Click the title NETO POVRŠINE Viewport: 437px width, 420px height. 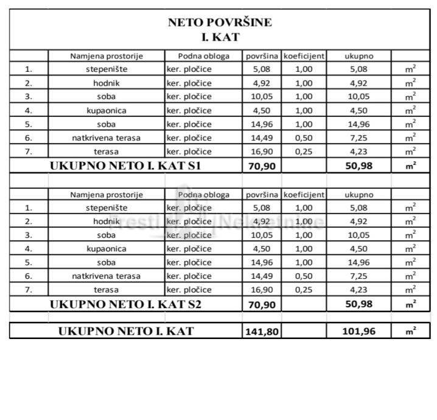220,23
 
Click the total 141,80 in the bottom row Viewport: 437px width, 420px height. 262,332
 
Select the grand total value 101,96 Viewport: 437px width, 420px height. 358,332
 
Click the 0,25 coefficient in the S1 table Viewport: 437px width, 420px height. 303,152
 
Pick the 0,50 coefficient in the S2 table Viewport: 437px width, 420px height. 303,276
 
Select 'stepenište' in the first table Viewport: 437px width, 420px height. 107,69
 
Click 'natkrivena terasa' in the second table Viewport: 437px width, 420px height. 107,276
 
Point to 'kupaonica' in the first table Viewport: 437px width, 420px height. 107,111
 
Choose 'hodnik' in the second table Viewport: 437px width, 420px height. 107,221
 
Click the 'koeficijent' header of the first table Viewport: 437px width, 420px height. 303,56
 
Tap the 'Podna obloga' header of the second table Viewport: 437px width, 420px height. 204,195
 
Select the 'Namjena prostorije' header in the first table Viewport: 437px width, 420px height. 107,56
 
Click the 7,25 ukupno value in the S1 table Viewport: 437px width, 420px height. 358,138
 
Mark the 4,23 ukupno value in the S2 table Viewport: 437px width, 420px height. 358,290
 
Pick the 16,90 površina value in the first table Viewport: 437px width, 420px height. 262,152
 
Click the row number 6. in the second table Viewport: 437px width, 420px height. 28,276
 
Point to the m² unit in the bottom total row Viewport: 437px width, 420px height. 411,332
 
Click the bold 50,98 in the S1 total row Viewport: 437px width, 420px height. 358,166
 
